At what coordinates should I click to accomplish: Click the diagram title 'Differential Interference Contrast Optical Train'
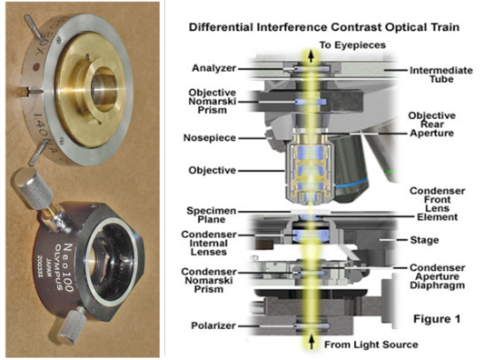click(324, 27)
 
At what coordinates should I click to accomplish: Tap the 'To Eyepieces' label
click(352, 45)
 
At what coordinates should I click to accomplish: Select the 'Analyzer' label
click(214, 68)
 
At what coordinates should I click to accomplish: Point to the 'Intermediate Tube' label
click(441, 75)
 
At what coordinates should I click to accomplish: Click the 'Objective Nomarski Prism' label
click(213, 101)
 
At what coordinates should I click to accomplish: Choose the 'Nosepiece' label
click(210, 138)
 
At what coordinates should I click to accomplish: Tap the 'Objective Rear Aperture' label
click(431, 125)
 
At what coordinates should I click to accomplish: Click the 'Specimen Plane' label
click(212, 215)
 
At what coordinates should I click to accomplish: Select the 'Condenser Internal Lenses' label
click(209, 243)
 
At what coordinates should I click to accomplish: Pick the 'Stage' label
click(424, 240)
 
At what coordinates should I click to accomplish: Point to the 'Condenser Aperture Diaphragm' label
click(438, 276)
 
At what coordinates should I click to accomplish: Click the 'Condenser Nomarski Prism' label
click(209, 280)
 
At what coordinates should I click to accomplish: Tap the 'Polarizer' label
click(213, 325)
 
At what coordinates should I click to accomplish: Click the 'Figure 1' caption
click(437, 319)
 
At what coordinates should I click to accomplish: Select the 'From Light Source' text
click(371, 345)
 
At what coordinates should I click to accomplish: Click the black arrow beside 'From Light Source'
click(312, 343)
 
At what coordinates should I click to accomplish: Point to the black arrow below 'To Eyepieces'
click(312, 56)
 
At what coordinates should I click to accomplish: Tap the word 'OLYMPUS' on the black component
click(60, 267)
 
